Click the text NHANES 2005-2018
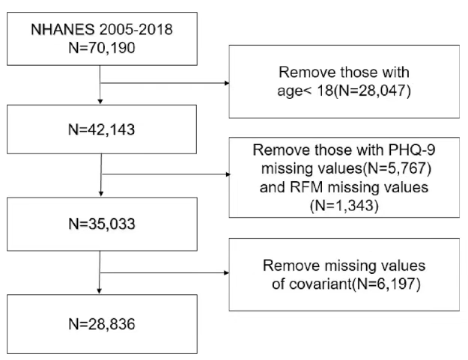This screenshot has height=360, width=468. click(102, 29)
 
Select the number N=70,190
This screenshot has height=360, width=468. click(102, 48)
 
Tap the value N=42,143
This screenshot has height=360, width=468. click(102, 129)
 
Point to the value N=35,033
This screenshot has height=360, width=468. click(102, 224)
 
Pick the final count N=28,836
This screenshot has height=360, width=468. click(102, 324)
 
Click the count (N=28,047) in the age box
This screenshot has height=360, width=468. click(372, 91)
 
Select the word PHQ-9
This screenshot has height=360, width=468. click(412, 150)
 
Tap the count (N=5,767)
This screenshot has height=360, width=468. click(397, 168)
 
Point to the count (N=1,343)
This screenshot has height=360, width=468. click(344, 206)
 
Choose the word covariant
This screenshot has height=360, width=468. click(320, 284)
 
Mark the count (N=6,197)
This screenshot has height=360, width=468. click(386, 284)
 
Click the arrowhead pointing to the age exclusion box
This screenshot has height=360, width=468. click(227, 83)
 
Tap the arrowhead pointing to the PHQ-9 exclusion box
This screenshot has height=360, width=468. click(228, 174)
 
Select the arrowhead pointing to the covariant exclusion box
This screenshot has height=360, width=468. click(227, 272)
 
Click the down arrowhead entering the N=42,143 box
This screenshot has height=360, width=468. click(100, 102)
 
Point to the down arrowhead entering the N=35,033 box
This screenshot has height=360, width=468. click(101, 194)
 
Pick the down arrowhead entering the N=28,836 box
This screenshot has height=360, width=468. click(100, 291)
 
